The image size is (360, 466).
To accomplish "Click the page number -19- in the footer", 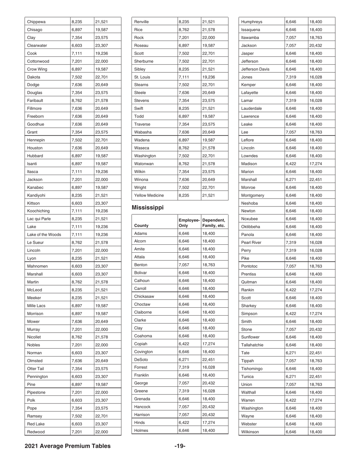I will click(x=180, y=446).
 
